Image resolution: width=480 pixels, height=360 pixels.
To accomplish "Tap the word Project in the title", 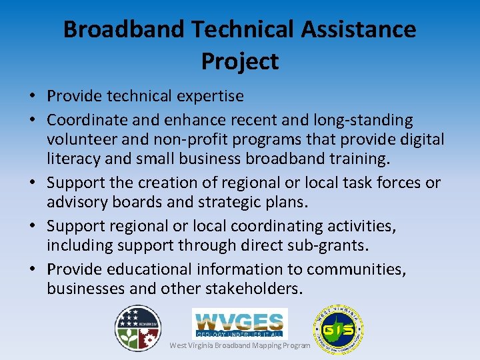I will [239, 61].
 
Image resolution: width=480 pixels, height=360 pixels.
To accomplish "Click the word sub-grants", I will [328, 245].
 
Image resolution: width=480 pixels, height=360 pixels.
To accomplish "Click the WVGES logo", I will [239, 323].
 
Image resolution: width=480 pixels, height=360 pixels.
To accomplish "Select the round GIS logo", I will [338, 329].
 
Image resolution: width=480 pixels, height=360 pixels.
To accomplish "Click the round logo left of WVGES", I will [138, 328].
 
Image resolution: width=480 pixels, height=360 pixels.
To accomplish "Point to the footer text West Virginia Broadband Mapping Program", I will [240, 345].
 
